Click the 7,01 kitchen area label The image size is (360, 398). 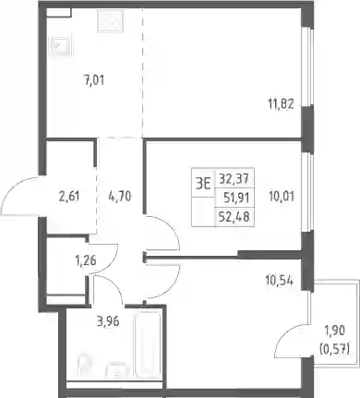click(x=94, y=80)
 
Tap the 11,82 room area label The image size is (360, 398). click(x=281, y=103)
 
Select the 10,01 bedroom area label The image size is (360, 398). click(x=282, y=196)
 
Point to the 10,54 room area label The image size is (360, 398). click(x=279, y=281)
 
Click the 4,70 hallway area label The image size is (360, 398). click(x=120, y=196)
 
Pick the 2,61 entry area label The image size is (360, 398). click(x=69, y=196)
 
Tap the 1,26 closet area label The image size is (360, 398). click(x=86, y=261)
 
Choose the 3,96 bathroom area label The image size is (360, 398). click(x=108, y=322)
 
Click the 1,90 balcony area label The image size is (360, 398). click(x=335, y=332)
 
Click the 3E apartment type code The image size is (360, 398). click(x=203, y=185)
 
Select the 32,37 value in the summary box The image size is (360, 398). click(x=234, y=178)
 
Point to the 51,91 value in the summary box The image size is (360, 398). click(x=236, y=198)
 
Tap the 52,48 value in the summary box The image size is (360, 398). click(x=234, y=217)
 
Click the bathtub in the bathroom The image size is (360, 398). click(x=148, y=344)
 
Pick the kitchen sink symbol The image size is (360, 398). click(x=62, y=46)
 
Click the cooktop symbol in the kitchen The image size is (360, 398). click(x=111, y=21)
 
